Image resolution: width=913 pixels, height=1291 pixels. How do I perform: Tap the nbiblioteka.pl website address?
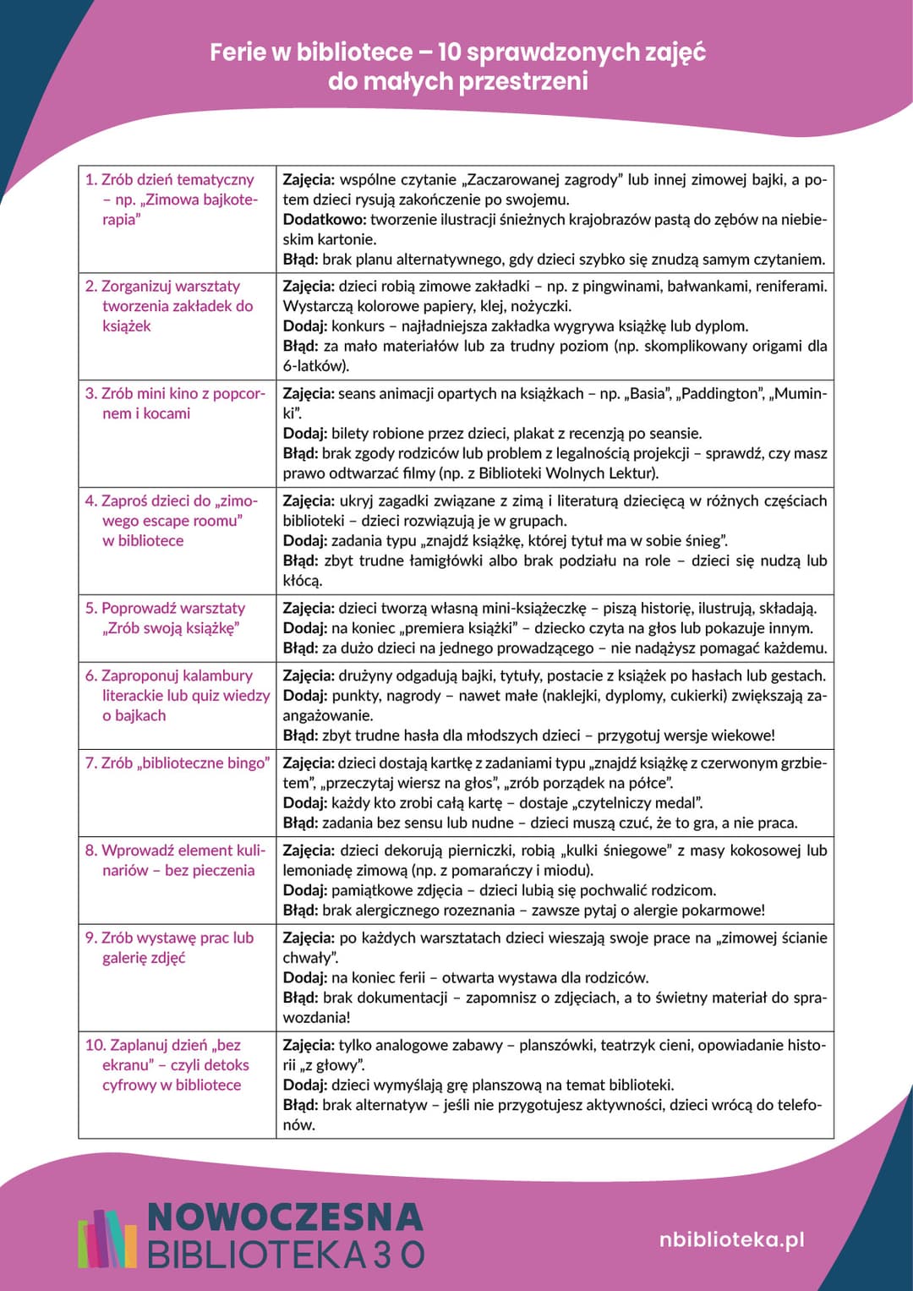coord(731,1239)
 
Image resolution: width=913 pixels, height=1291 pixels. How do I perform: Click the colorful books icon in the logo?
coord(107,1238)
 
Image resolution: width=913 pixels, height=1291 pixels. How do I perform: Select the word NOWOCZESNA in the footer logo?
coord(285,1217)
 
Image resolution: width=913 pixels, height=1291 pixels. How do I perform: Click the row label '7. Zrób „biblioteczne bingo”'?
coord(177,763)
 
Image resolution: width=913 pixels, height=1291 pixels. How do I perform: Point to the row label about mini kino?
coord(174,403)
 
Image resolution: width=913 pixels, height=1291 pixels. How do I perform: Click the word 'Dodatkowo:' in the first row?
coord(325,220)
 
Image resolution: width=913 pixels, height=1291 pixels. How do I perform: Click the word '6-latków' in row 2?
coord(314,366)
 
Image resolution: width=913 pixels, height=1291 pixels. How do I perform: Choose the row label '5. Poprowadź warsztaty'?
coord(165,609)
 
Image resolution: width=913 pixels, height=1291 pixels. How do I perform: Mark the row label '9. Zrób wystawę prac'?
coord(169,938)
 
